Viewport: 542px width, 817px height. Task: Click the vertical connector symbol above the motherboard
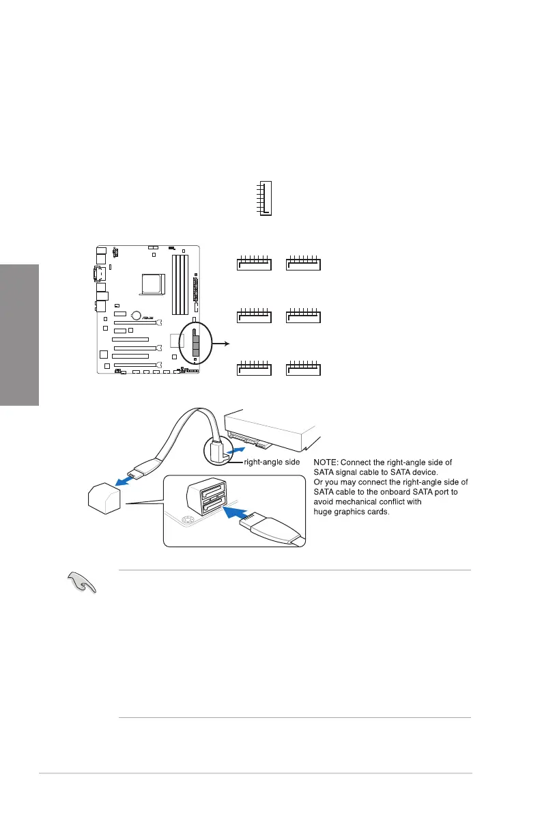[x=266, y=199]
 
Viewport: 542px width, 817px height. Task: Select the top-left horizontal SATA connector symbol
[x=254, y=262]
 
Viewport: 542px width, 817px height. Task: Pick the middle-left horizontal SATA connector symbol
[x=254, y=316]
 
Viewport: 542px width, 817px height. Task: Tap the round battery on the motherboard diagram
[x=137, y=316]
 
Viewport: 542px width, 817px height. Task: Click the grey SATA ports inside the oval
[x=196, y=345]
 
